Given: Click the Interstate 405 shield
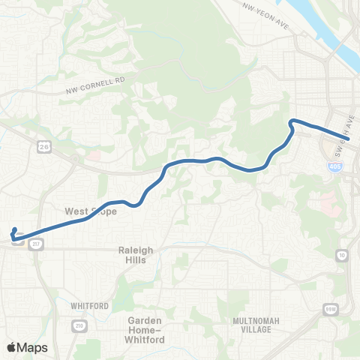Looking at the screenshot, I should coord(333,166).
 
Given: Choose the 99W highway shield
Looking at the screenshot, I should coord(330,308).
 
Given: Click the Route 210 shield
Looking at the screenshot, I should coord(78,325).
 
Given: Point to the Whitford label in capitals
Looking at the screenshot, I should coord(90,306).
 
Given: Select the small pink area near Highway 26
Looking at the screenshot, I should coord(95,155).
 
